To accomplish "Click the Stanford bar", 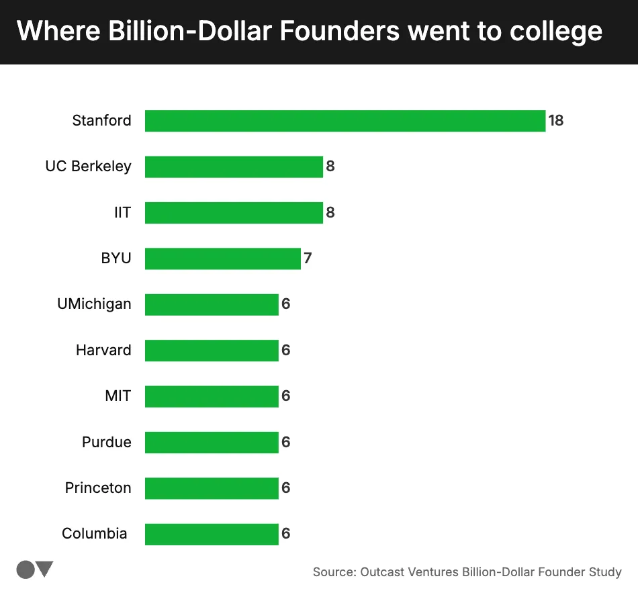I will (x=345, y=121).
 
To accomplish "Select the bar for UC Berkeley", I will (x=234, y=167).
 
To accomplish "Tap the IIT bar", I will (x=234, y=213).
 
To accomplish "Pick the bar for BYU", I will (x=222, y=259).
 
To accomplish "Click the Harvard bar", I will (x=211, y=351).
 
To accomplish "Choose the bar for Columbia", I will (x=211, y=534).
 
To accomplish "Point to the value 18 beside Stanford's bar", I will (x=556, y=121).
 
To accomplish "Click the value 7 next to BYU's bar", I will (x=308, y=259).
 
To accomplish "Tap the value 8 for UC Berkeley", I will (x=330, y=167).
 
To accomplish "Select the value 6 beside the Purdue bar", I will (x=285, y=443).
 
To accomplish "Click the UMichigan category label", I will (x=94, y=304).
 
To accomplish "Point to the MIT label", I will (x=118, y=396).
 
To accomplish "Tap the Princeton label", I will (x=98, y=488).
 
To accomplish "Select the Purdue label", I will (x=106, y=443).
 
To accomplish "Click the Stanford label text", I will (x=101, y=121).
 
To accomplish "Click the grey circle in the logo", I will (x=26, y=569).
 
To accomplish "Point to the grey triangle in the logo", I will (x=45, y=569).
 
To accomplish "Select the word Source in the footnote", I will (x=332, y=572).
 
